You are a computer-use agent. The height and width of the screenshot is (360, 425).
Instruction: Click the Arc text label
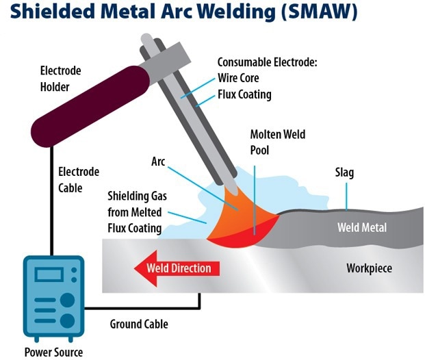click(x=158, y=162)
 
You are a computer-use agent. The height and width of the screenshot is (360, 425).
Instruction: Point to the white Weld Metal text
click(x=362, y=227)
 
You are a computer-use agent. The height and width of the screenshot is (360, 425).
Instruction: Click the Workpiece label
click(x=369, y=268)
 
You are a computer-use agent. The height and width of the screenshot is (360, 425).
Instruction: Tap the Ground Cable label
click(x=139, y=324)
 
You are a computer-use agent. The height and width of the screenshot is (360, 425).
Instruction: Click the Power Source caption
click(x=53, y=352)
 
